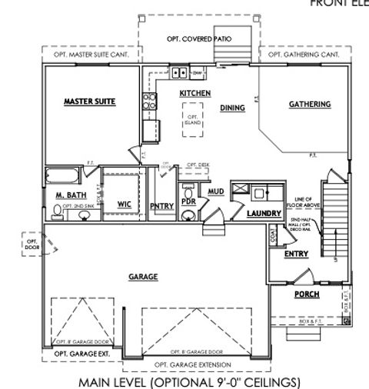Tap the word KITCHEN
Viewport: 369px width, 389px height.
pos(194,93)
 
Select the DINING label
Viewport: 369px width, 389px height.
pos(232,108)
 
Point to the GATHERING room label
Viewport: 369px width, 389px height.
pos(309,104)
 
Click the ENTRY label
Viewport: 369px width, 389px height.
pos(296,253)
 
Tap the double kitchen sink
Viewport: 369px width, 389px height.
pos(180,73)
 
